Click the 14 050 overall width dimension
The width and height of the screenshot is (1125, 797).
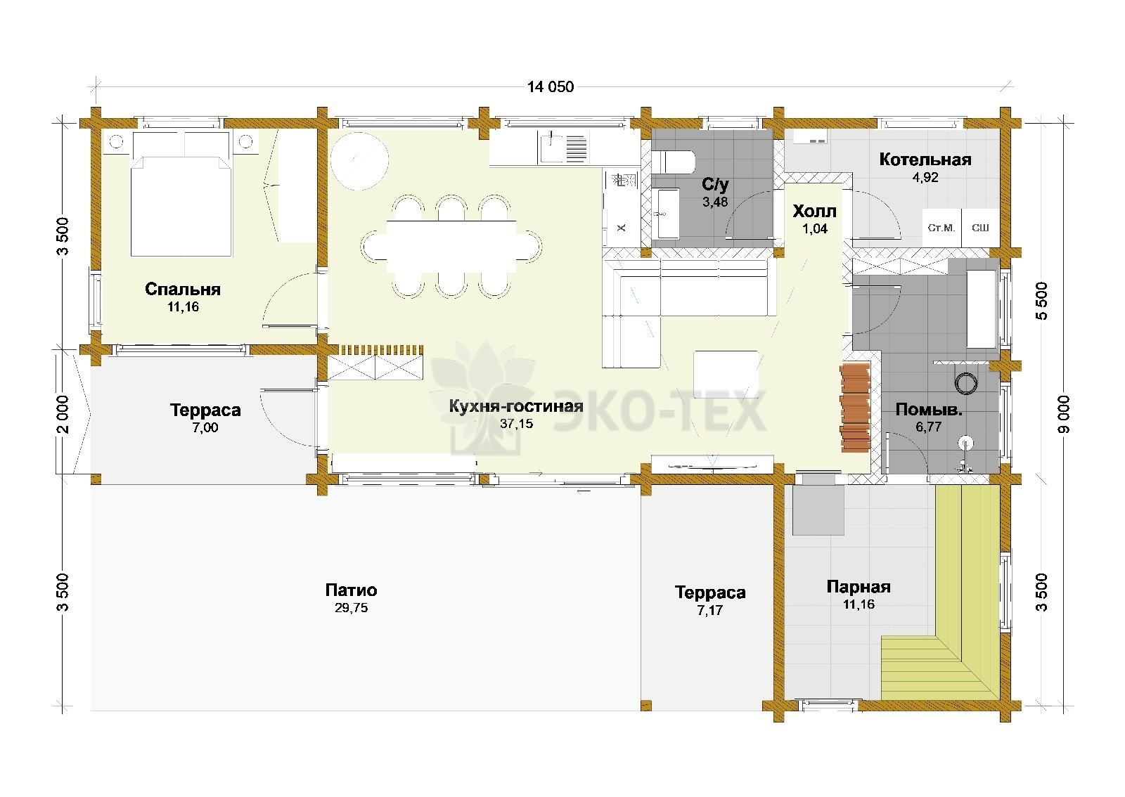point(551,87)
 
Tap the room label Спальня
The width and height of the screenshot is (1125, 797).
point(183,289)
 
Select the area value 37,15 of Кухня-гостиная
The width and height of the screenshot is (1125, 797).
point(516,424)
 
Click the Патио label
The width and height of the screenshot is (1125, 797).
point(351,590)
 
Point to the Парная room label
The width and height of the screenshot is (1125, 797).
point(859,587)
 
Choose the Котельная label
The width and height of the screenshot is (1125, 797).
point(925,160)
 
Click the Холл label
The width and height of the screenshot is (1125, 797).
point(815,212)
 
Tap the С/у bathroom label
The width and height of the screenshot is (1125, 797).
point(715,185)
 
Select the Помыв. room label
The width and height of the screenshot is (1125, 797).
point(929,410)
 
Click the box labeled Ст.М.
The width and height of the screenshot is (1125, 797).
point(941,228)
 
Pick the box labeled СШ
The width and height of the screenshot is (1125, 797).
point(980,228)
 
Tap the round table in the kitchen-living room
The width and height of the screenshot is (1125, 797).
point(359,161)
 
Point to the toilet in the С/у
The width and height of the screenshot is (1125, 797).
point(674,162)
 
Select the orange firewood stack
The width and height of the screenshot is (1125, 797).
point(855,408)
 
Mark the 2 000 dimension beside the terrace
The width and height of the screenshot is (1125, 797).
point(63,415)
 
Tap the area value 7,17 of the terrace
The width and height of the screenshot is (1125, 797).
point(709,610)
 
